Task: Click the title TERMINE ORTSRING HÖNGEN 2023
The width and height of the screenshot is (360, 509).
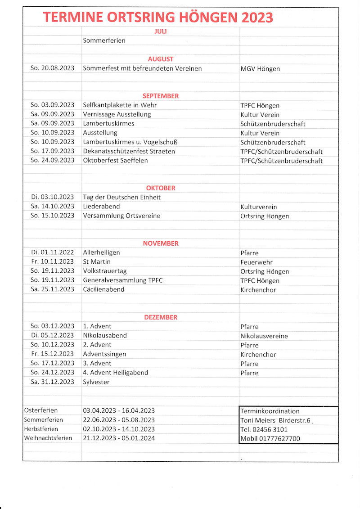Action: [x=158, y=18]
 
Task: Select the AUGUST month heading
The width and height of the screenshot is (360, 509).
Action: [x=161, y=59]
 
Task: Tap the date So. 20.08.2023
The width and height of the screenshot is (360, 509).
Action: [x=52, y=68]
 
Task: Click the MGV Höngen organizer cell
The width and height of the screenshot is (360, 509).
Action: [x=260, y=69]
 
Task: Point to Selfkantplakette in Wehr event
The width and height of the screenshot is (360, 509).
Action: [x=120, y=105]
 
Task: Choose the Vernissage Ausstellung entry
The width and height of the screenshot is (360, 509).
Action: [x=117, y=114]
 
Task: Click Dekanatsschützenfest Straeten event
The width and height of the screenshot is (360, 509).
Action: [x=129, y=151]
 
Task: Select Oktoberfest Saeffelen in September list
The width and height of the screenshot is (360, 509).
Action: [x=115, y=160]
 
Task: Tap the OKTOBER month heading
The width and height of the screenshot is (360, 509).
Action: [x=161, y=188]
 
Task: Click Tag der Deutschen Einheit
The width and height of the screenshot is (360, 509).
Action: [x=121, y=197]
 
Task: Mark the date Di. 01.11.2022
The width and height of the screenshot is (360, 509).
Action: [x=52, y=252]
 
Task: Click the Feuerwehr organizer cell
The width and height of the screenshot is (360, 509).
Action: [x=256, y=262]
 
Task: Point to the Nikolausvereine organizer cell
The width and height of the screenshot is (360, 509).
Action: [x=264, y=336]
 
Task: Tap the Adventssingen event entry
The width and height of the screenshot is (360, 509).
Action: [x=104, y=354]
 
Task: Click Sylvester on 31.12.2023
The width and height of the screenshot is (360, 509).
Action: [x=96, y=382]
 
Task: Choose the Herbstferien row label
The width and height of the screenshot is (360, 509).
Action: [x=41, y=429]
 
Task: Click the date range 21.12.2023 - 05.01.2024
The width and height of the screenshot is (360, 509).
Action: [x=119, y=438]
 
